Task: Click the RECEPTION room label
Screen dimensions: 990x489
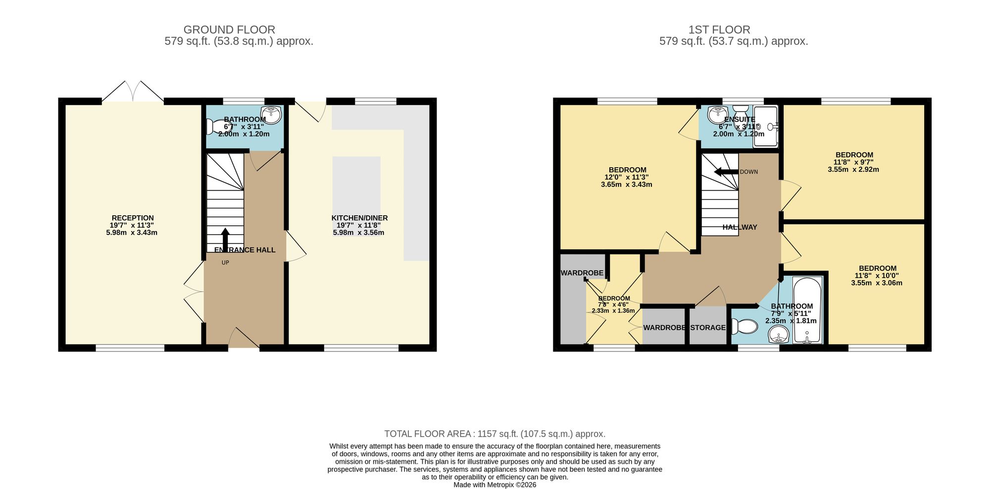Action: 133,218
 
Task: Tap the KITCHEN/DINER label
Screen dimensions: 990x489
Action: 359,218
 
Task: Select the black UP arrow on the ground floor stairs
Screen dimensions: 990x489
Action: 225,241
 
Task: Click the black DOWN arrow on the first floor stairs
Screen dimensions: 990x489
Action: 726,172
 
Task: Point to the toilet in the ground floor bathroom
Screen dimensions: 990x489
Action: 216,127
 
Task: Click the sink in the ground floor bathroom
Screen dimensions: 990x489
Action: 271,115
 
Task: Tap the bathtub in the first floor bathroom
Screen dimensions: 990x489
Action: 807,310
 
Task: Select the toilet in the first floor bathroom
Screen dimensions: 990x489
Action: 745,327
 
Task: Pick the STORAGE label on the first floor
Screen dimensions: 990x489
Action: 708,328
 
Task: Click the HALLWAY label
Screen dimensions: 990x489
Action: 740,227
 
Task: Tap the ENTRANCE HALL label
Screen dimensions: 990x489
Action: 245,250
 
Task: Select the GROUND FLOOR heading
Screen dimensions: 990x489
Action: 229,30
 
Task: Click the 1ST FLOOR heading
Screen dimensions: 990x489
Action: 719,30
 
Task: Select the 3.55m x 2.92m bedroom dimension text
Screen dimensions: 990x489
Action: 853,169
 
